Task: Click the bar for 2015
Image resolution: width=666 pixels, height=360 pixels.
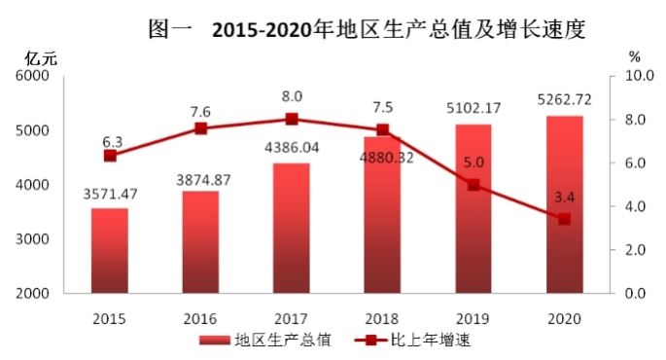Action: coord(110,250)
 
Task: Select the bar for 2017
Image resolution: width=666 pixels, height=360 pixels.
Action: coord(292,229)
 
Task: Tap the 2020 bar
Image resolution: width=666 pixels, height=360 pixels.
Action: coord(565,204)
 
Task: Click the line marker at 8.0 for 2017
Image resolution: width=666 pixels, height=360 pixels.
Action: coord(292,119)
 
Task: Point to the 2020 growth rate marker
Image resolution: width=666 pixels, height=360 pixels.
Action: coord(565,219)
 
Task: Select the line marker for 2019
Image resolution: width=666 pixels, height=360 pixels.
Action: coord(473,185)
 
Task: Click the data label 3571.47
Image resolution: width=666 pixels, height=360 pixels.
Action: coord(110,195)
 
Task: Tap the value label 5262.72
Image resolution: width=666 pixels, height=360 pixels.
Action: coord(565,100)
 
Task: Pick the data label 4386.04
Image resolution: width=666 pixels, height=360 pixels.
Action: coord(292,148)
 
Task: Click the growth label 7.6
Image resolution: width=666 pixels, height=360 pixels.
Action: coord(200,112)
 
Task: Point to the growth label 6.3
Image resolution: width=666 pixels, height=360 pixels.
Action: coord(113,142)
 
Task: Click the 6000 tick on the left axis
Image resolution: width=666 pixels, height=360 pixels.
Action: coord(33,76)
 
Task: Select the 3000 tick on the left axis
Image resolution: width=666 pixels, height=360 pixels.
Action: coord(33,239)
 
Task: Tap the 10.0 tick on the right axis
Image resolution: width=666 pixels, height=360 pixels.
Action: coord(639,76)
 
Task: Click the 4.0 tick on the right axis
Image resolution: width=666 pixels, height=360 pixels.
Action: coord(635,206)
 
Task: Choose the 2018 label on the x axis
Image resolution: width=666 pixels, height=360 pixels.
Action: coord(382,319)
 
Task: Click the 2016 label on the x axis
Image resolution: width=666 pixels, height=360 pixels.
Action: coord(200,319)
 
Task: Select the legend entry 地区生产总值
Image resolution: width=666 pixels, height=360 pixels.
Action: coord(265,340)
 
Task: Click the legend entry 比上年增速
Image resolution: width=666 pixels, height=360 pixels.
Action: coord(413,340)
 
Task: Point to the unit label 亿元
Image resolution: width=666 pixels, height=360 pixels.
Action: coord(41,58)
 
